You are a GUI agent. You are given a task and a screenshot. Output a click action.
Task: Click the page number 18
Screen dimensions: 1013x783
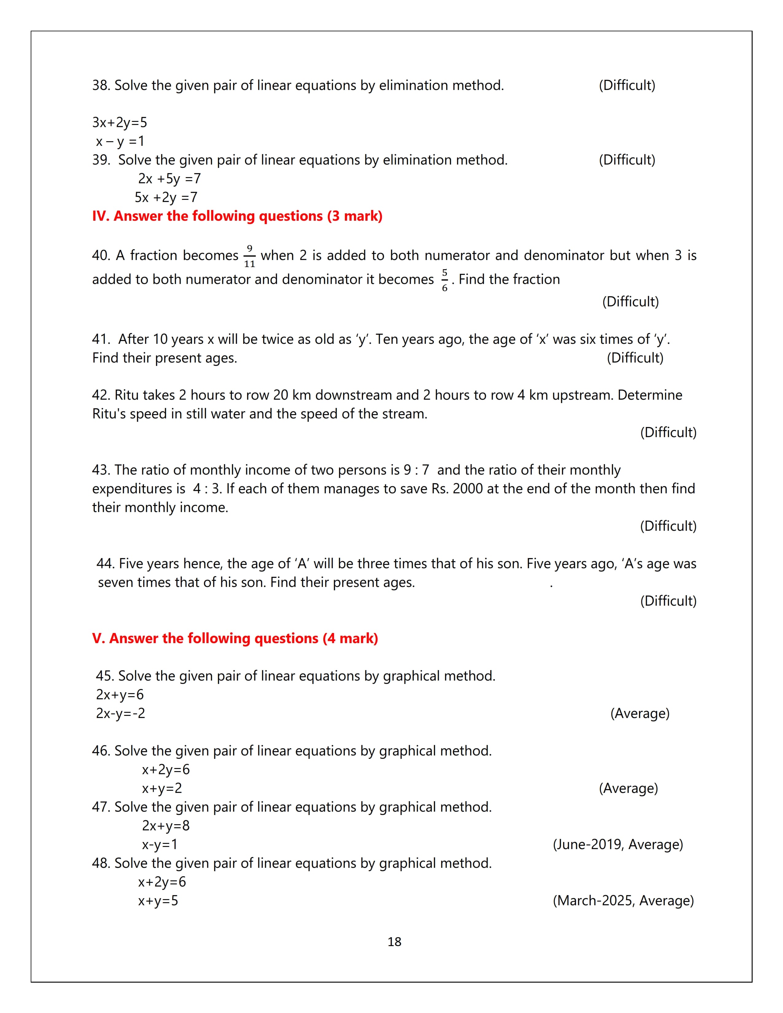394,941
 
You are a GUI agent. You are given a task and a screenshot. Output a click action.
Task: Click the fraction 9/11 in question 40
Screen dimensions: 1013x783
250,256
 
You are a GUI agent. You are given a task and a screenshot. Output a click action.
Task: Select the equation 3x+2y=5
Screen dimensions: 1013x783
120,122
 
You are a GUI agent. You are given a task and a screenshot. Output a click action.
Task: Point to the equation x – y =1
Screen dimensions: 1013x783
120,141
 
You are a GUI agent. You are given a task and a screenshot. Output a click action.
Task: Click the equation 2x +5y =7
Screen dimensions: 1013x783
169,179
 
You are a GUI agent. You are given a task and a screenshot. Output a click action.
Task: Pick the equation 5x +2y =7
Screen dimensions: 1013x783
166,197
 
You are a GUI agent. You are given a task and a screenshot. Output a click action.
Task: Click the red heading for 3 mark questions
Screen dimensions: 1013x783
237,216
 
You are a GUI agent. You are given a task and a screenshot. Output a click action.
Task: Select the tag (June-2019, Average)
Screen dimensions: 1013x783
618,844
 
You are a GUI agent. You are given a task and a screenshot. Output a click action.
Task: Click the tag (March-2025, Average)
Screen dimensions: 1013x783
623,900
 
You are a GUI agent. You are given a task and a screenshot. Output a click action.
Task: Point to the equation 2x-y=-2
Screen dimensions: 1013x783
121,713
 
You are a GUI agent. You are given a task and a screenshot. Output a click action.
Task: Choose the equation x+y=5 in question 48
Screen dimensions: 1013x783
158,901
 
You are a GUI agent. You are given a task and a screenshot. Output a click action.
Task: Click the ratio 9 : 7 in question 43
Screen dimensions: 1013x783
416,470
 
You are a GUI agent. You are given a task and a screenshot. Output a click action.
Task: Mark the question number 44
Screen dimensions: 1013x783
105,564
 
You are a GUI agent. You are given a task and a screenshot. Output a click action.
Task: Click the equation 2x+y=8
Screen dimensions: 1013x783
166,826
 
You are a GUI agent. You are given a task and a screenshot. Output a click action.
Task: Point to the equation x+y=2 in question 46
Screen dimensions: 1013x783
162,789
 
